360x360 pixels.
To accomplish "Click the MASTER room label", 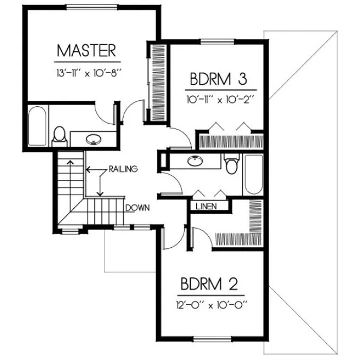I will tap(86, 51).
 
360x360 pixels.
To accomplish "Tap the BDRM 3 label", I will tap(218, 80).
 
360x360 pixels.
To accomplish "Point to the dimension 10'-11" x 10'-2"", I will tap(218, 99).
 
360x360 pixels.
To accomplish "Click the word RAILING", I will tap(123, 169).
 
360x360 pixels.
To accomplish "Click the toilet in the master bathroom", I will tap(60, 136).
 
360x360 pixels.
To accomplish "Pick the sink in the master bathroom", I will tap(94, 139).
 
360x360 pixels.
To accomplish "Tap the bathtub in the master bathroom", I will tap(36, 126).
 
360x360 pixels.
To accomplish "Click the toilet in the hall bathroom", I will tap(232, 164).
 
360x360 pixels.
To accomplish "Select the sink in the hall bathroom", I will tap(193, 160).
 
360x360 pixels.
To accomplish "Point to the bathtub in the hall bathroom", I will tap(253, 173).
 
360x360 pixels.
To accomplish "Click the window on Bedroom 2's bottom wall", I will tap(210, 340).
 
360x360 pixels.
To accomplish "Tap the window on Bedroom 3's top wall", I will tap(217, 42).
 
